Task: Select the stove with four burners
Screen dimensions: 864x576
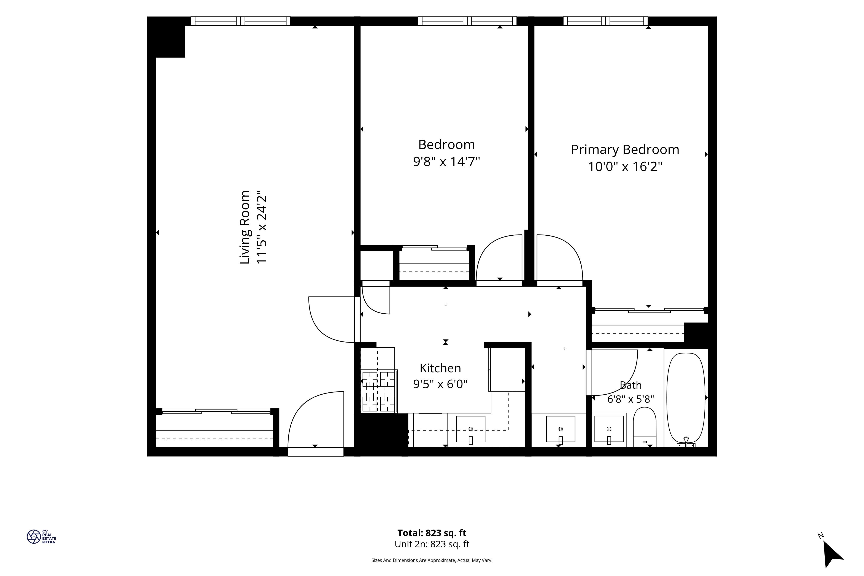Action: [379, 391]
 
